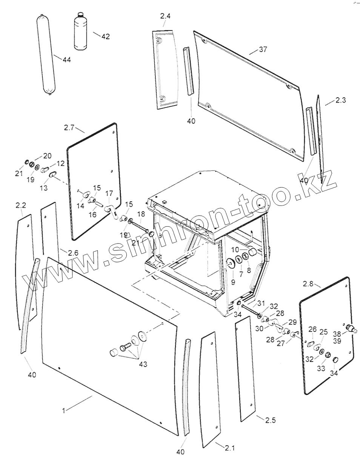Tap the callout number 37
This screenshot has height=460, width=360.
[x=263, y=49]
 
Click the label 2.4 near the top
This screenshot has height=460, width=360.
[x=165, y=16]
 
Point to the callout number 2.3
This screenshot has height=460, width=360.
[x=341, y=100]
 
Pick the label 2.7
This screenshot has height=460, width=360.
[x=69, y=128]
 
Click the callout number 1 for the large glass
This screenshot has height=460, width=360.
[x=64, y=411]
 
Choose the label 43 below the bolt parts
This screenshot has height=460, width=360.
[x=143, y=364]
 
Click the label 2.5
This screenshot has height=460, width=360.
[x=270, y=420]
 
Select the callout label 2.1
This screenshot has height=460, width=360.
[x=229, y=448]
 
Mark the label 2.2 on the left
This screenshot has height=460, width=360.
[x=21, y=205]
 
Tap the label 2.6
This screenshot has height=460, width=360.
[x=73, y=253]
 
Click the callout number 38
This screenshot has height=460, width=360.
[x=337, y=334]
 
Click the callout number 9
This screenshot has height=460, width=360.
[x=233, y=282]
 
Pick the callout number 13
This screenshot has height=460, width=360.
[x=44, y=188]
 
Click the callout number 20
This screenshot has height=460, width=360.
[x=47, y=156]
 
